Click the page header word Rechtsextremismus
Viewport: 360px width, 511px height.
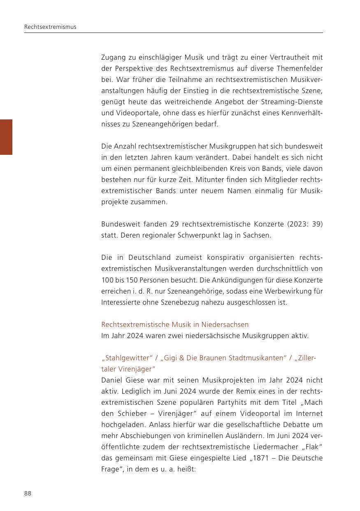coord(50,27)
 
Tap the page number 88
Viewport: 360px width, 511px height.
coord(28,493)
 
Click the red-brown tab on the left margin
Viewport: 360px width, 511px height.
coord(6,137)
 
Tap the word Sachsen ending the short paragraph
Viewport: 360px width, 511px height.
coord(258,235)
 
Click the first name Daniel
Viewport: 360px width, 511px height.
coord(112,380)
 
